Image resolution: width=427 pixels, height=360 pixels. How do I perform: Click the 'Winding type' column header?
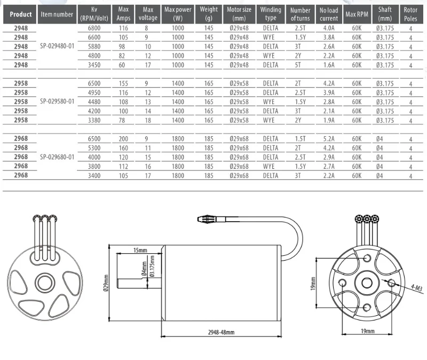click(x=271, y=14)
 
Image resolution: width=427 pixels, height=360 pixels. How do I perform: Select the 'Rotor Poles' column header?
click(x=410, y=14)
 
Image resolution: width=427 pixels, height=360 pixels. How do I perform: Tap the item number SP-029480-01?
click(x=57, y=46)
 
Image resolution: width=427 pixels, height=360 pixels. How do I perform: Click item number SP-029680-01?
click(x=57, y=157)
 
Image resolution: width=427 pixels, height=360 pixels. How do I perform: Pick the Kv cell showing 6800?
click(x=94, y=28)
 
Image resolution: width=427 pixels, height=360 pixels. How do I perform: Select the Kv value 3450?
click(x=94, y=65)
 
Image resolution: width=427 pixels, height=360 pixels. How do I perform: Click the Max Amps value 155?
click(x=123, y=83)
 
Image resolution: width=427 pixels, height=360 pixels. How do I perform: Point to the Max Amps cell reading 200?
click(x=123, y=139)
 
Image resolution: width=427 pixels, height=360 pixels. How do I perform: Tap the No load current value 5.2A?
click(x=329, y=139)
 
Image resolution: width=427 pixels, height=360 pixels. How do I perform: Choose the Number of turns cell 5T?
click(x=298, y=65)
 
